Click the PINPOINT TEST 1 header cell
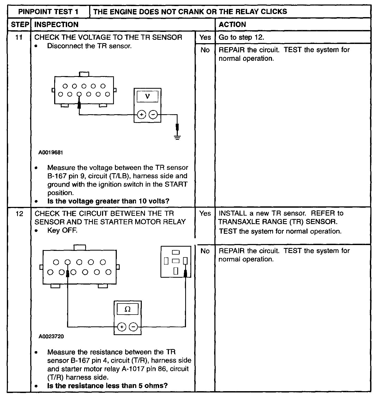coord(48,12)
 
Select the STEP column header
coord(19,25)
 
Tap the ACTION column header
coord(232,25)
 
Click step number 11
coord(19,37)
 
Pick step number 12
coord(19,213)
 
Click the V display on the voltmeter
coord(148,97)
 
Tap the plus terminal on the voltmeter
coord(142,115)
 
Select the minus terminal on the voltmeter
coord(153,115)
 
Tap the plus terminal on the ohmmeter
coord(122,327)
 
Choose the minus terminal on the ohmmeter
coord(134,327)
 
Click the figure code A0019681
coord(51,153)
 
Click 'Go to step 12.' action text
coord(241,37)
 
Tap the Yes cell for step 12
coord(205,213)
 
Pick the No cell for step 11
coord(205,50)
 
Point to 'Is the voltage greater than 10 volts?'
coord(108,201)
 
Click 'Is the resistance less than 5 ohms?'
coord(107,386)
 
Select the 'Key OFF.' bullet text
coord(62,230)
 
